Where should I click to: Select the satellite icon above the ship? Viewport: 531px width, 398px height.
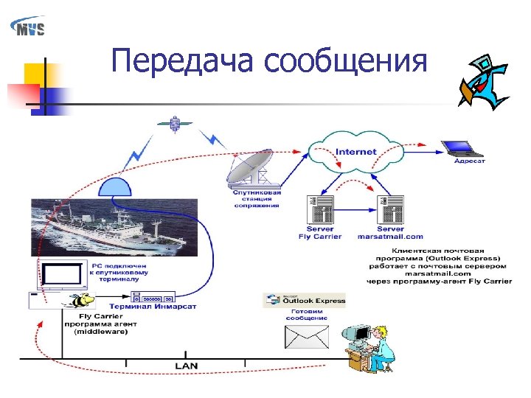[175, 123]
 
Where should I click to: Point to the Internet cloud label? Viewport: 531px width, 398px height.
[356, 152]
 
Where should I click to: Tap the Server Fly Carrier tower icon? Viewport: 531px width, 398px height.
[319, 210]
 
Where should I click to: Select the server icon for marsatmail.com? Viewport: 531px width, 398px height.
[390, 210]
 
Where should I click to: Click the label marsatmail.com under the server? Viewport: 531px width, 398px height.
[390, 237]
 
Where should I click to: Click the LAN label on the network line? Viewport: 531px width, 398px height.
[186, 366]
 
